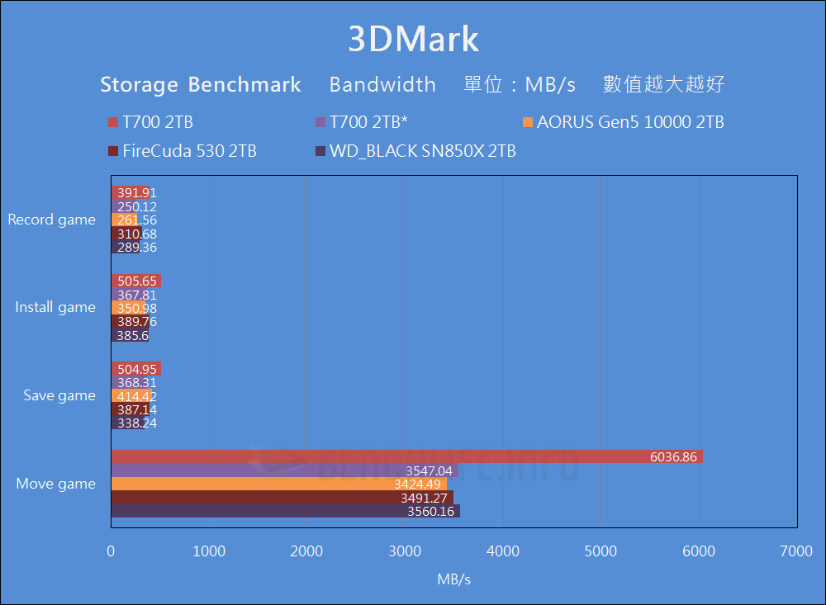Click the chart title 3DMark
coord(413,40)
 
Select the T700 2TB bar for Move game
coord(406,456)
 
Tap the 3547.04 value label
coord(429,470)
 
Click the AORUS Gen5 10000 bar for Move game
coord(278,484)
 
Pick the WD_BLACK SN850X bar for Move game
coord(285,512)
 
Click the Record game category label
coord(51,220)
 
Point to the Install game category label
coord(55,307)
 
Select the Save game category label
coord(59,395)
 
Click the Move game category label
coord(56,484)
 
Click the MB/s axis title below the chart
coord(454,579)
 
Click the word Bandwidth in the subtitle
coord(382,84)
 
